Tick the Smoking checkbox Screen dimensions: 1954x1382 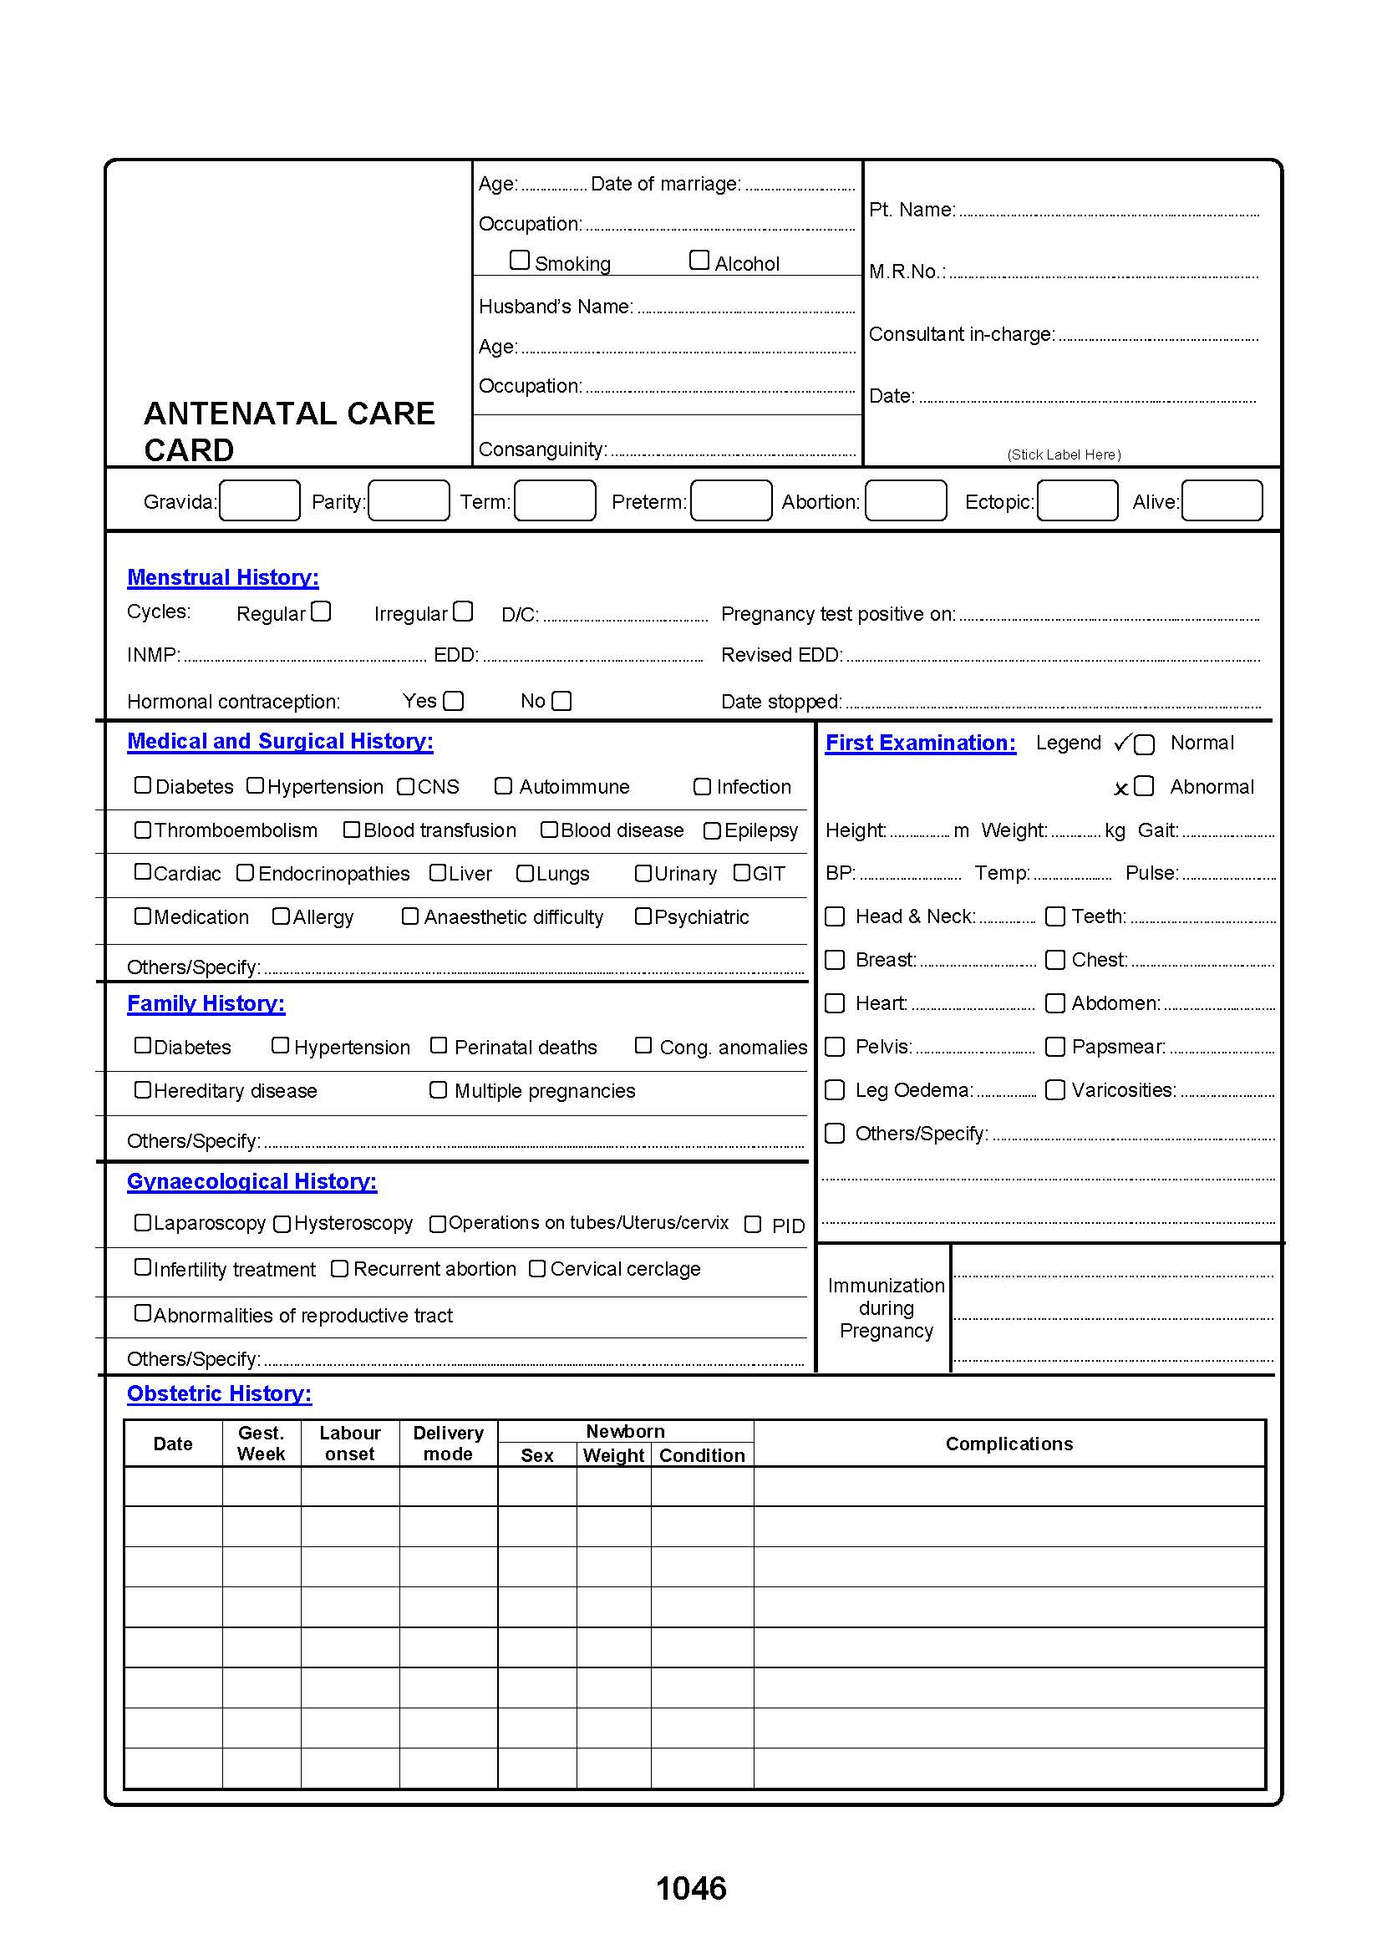pyautogui.click(x=519, y=260)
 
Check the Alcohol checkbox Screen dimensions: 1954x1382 pyautogui.click(x=699, y=260)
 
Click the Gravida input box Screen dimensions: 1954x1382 pyautogui.click(x=260, y=500)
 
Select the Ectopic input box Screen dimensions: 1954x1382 pyautogui.click(x=1077, y=500)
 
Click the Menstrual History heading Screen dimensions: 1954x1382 pyautogui.click(x=223, y=577)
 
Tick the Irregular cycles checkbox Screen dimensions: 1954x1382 pyautogui.click(x=463, y=611)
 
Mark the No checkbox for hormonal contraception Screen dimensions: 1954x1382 pyautogui.click(x=561, y=700)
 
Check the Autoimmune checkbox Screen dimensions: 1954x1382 pyautogui.click(x=504, y=785)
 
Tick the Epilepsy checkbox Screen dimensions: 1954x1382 pyautogui.click(x=712, y=830)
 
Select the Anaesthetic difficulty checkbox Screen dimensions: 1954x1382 pyautogui.click(x=410, y=916)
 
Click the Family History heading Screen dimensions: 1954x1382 pyautogui.click(x=206, y=1003)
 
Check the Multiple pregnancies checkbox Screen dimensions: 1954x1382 pyautogui.click(x=439, y=1089)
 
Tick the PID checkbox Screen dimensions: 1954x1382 pyautogui.click(x=753, y=1224)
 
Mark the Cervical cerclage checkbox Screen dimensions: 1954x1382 pyautogui.click(x=537, y=1268)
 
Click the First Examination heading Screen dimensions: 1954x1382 pyautogui.click(x=921, y=743)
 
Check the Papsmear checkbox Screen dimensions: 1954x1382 pyautogui.click(x=1055, y=1046)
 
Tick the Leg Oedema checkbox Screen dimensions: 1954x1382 pyautogui.click(x=836, y=1089)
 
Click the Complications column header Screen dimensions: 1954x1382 pyautogui.click(x=1009, y=1444)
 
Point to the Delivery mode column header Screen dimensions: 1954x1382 pyautogui.click(x=449, y=1444)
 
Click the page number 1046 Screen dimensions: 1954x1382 pyautogui.click(x=691, y=1889)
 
